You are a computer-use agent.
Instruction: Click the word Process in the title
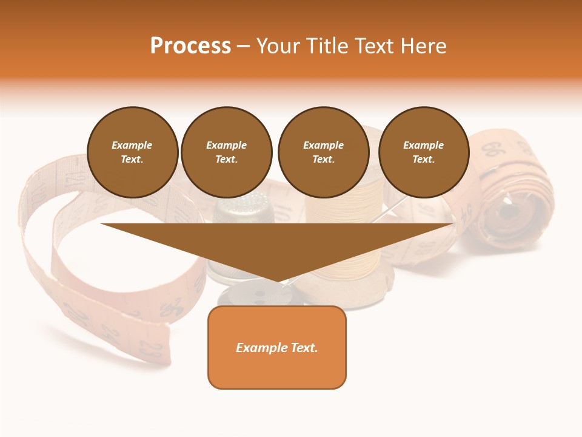tap(190, 46)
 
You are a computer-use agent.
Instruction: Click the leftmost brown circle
tap(132, 152)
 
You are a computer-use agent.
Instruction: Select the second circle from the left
tap(226, 152)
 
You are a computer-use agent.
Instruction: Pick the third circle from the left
tap(323, 152)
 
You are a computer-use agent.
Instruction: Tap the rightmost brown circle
tap(423, 152)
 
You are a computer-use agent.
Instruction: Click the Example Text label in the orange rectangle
tap(277, 348)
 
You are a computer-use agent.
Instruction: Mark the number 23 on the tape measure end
tap(148, 348)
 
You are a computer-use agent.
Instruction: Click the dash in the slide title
tap(244, 46)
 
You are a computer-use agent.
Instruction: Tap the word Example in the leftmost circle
tap(132, 145)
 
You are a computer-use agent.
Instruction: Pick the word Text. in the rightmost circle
tap(423, 160)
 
